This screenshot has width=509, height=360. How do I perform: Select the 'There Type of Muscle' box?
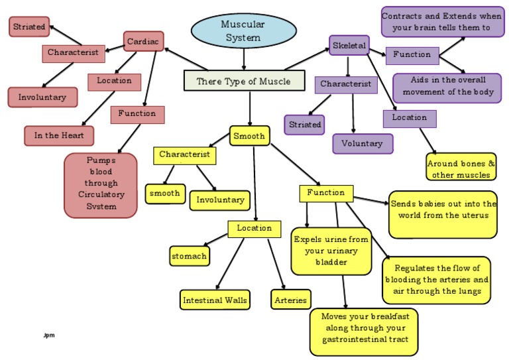(x=244, y=81)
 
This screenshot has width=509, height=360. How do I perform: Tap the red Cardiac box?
(x=143, y=41)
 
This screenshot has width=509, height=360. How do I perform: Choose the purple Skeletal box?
(x=349, y=45)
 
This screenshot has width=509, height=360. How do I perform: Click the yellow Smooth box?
(x=249, y=136)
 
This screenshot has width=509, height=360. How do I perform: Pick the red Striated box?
(x=28, y=27)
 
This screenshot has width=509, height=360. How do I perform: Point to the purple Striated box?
(x=305, y=124)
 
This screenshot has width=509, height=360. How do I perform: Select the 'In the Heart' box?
(x=59, y=135)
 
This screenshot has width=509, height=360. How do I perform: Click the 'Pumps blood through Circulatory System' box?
(x=101, y=185)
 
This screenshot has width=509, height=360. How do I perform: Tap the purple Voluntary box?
(x=363, y=143)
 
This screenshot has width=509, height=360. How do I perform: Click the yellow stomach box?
(x=189, y=255)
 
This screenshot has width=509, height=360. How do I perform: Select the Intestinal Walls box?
(x=215, y=300)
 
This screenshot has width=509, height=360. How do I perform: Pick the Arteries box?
(x=290, y=300)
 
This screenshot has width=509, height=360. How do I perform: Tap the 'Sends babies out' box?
(x=442, y=214)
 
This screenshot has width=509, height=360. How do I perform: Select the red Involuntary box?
(x=42, y=97)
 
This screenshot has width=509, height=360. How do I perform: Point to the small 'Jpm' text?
(x=48, y=335)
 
